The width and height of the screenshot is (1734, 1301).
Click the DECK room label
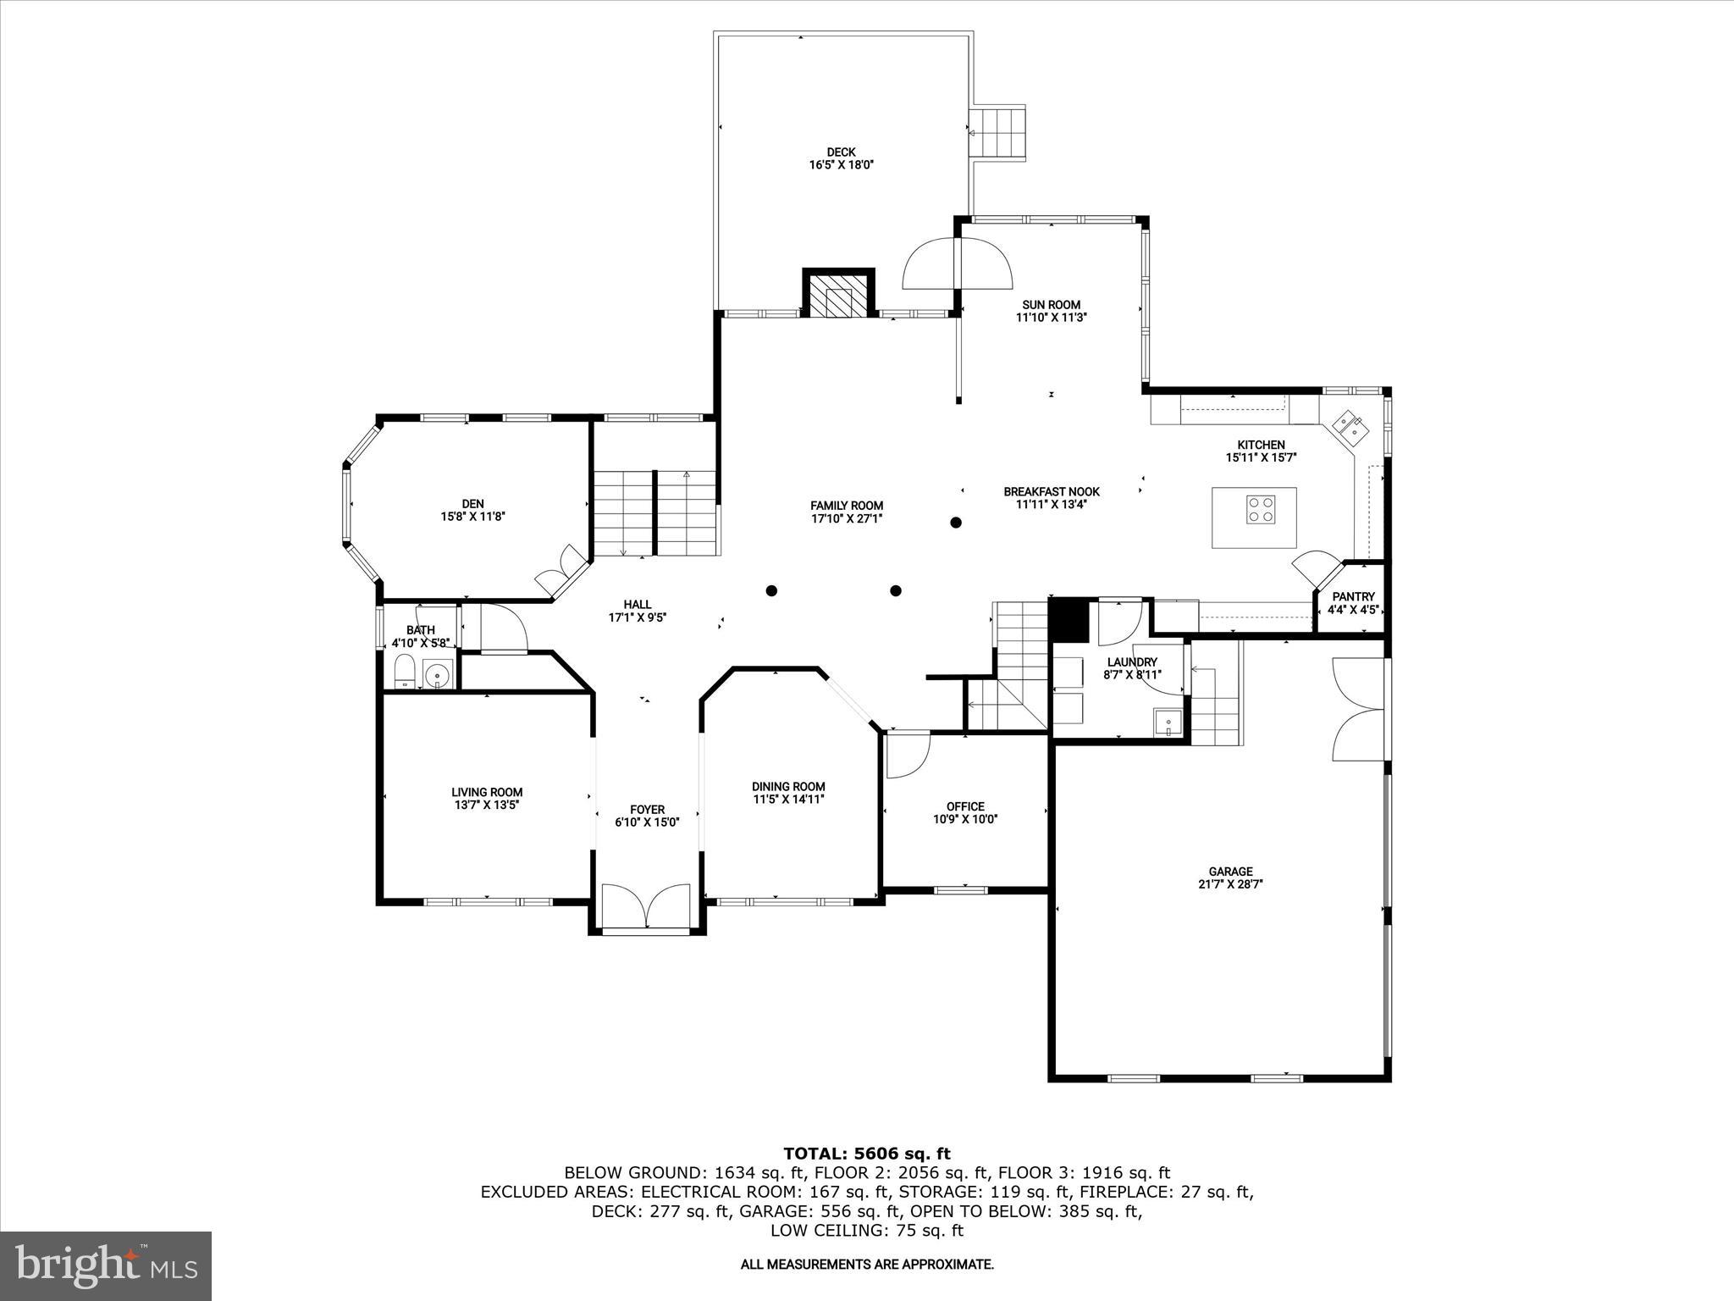(841, 152)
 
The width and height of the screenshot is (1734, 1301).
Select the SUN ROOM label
(1051, 305)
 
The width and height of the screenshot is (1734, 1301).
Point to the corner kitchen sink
(1350, 426)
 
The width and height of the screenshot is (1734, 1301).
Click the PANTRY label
(1353, 596)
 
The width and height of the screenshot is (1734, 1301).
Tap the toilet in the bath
(405, 675)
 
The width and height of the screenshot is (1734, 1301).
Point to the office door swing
(907, 756)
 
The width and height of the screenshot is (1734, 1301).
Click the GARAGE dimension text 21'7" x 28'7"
(1230, 883)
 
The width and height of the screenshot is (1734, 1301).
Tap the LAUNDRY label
(1132, 662)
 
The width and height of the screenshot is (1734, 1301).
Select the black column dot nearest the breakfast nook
(956, 523)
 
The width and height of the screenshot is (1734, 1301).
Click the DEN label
(472, 503)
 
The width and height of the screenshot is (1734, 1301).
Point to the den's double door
(561, 569)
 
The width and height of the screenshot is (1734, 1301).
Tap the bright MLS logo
(106, 1265)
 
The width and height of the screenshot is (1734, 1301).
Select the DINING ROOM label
(788, 786)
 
